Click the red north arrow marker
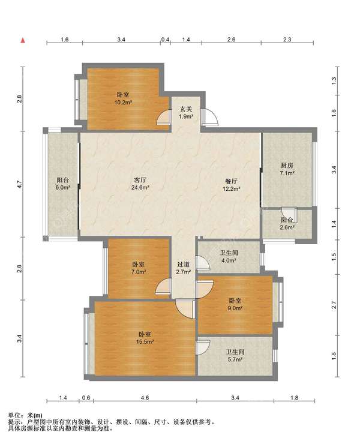pos(23,40)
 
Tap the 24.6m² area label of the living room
pos(140,187)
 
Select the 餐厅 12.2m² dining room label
pos(232,185)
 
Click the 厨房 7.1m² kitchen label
pos(287,169)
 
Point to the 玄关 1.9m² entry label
pos(186,112)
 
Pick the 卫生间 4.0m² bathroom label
pos(229,256)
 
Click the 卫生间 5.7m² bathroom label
pos(235,355)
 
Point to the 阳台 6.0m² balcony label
pos(63,184)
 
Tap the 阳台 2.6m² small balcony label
pos(287,223)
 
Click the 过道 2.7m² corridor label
pos(183,268)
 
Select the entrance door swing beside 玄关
pos(210,116)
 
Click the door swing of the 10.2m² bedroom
pos(164,118)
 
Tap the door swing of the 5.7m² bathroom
pos(203,347)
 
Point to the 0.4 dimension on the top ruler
pos(165,40)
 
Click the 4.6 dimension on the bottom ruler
pos(145,398)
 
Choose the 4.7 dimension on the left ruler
pos(19,184)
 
